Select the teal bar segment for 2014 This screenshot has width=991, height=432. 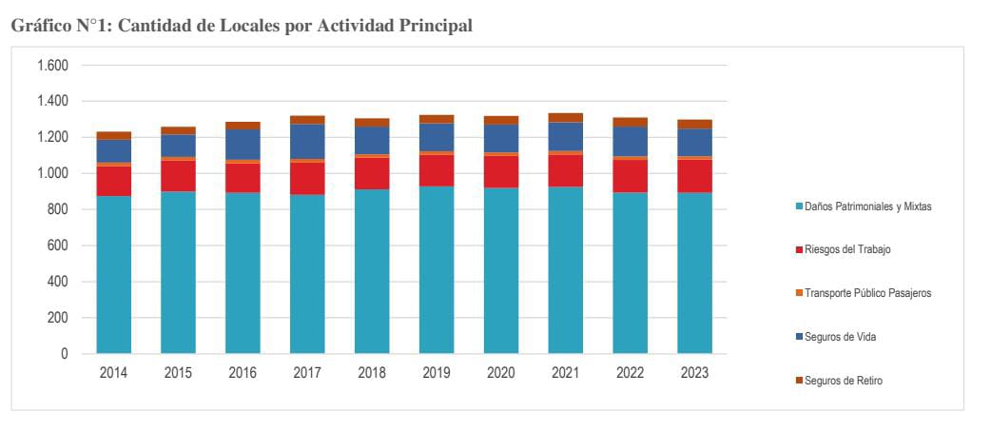[114, 275]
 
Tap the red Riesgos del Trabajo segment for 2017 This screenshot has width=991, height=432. [307, 178]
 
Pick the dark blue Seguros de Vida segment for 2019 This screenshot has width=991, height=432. [437, 137]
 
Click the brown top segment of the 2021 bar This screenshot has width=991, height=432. [565, 118]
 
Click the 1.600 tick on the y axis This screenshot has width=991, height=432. [53, 66]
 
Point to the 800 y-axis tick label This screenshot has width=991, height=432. [58, 209]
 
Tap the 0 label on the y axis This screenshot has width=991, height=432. [65, 354]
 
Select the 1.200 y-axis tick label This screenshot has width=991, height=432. [53, 137]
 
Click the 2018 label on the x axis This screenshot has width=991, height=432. [372, 373]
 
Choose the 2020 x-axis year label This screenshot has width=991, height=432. [500, 373]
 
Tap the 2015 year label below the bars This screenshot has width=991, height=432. [178, 373]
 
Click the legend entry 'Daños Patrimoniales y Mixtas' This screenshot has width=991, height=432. [867, 206]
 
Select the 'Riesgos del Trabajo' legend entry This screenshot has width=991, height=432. [846, 249]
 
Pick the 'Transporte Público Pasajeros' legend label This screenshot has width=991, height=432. [866, 293]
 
